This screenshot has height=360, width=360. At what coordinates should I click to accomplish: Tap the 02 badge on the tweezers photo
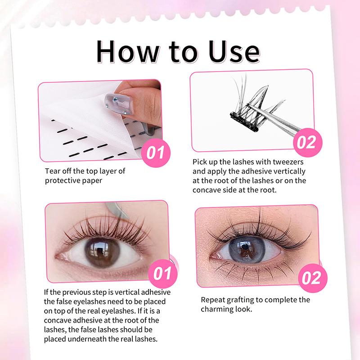(x=306, y=142)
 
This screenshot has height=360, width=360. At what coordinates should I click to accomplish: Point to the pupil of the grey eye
(x=246, y=249)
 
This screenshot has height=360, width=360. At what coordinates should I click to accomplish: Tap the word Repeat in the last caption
(x=214, y=300)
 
